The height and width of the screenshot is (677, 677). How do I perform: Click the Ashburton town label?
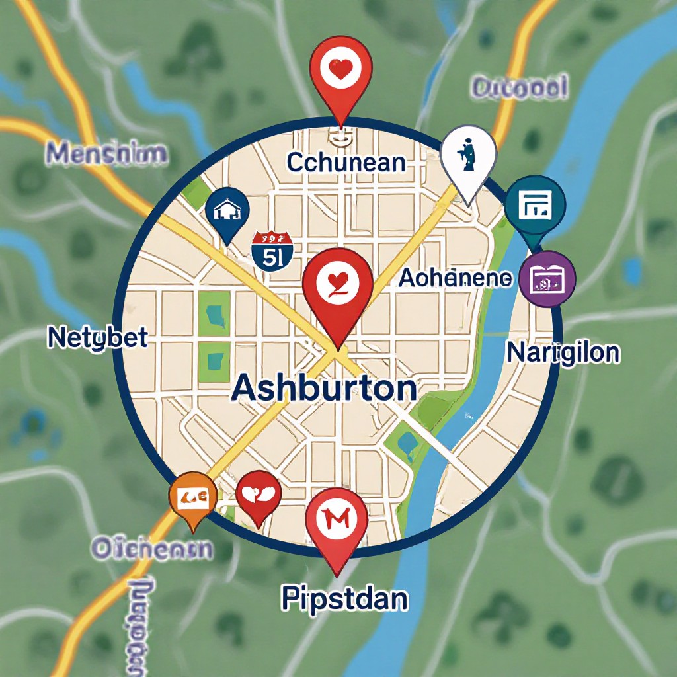point(324,389)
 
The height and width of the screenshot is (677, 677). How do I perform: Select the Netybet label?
point(98,338)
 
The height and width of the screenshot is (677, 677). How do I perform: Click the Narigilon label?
point(563,352)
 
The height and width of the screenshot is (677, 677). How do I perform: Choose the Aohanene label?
point(455,279)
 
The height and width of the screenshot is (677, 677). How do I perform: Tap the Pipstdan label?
point(344,599)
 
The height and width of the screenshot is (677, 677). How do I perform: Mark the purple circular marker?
point(547,280)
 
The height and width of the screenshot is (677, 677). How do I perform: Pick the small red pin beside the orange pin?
point(259,494)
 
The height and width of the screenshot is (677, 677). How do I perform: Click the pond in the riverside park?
point(407,443)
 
